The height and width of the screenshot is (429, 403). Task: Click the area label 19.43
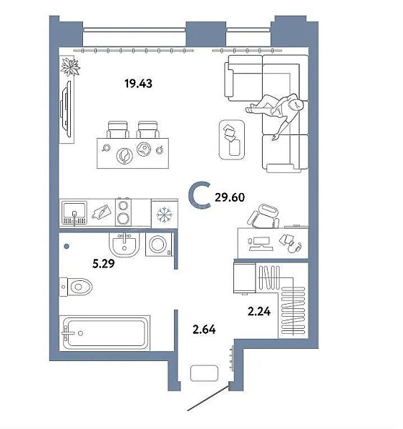tap(138, 83)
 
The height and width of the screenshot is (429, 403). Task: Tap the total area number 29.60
tap(230, 197)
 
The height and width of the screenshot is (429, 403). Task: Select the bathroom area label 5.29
tap(104, 264)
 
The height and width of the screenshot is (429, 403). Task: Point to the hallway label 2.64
tap(204, 330)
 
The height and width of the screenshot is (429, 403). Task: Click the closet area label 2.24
tap(259, 311)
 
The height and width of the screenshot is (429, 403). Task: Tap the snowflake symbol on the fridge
tap(165, 214)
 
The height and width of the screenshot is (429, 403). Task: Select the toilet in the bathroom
tap(76, 287)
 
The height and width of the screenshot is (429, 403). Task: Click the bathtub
tap(105, 332)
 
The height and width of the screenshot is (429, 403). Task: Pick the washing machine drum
tap(157, 245)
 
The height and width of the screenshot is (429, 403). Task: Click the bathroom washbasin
tap(124, 245)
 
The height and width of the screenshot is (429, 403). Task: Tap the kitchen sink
tap(74, 213)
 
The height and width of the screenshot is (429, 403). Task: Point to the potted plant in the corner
tap(70, 66)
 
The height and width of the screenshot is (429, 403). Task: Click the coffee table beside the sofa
tap(232, 139)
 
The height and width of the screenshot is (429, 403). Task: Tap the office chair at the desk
tap(264, 216)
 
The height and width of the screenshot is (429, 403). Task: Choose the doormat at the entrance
tap(204, 373)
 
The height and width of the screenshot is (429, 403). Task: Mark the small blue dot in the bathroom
tap(67, 247)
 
